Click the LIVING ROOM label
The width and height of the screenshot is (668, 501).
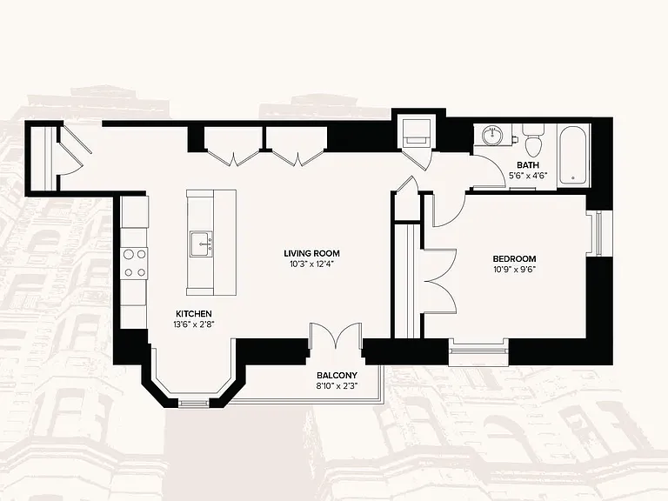click(x=311, y=253)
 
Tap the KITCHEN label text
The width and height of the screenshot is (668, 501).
click(x=194, y=313)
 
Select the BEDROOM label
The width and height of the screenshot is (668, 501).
click(x=514, y=258)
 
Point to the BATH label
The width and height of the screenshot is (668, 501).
click(x=528, y=165)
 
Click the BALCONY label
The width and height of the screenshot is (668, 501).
click(x=337, y=376)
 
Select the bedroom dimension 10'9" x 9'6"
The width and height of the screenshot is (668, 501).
click(x=514, y=270)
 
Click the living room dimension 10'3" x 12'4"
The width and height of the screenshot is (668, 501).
click(x=311, y=264)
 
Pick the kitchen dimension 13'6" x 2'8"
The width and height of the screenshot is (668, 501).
click(x=194, y=324)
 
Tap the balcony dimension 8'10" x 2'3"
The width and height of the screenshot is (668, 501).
click(x=337, y=386)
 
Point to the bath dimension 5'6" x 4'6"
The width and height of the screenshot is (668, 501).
click(x=528, y=175)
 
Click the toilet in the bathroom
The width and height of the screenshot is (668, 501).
click(x=533, y=140)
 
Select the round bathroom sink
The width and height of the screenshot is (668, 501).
click(x=493, y=136)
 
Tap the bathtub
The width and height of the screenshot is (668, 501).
click(x=573, y=155)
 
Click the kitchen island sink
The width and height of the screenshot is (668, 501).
click(x=201, y=244)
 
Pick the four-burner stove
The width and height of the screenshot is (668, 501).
click(x=134, y=263)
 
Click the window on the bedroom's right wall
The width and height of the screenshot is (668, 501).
click(x=598, y=233)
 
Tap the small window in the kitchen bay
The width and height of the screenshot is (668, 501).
click(x=194, y=402)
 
